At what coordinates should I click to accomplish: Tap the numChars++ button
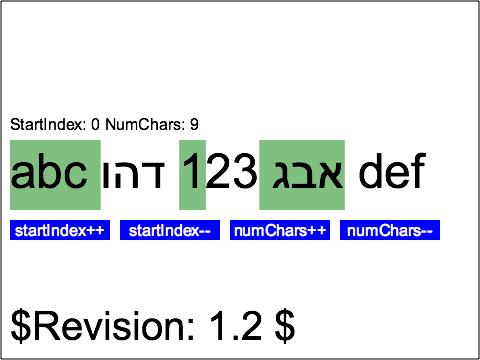coord(280,231)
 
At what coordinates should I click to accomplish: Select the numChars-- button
coord(390,231)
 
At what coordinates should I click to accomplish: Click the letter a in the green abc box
coord(24,175)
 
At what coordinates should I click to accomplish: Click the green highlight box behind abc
coord(54,150)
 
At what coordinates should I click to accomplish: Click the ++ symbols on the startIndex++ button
coord(95,231)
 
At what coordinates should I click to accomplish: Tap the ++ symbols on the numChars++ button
coord(316,231)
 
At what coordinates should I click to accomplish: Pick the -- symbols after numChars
coord(425,231)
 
